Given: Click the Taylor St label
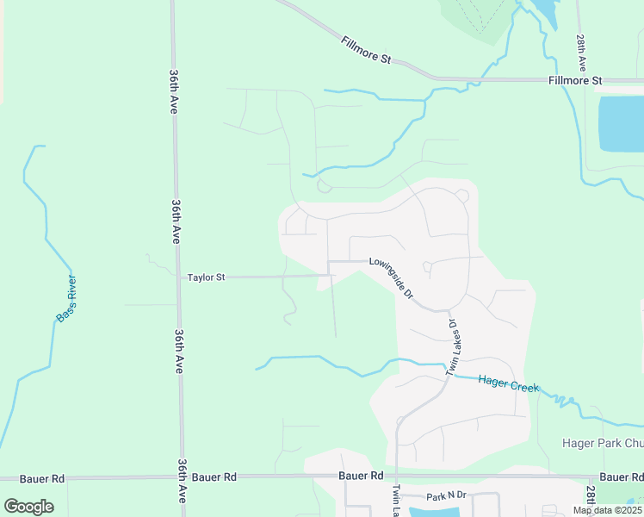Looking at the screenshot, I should click(206, 277).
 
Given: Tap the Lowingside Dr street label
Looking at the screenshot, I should click(392, 277).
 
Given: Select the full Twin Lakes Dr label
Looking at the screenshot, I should click(450, 347).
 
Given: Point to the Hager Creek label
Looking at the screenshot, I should click(509, 383).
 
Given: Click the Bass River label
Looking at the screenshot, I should click(66, 299).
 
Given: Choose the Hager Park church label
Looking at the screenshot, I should click(603, 443).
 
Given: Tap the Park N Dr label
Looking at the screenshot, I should click(446, 496).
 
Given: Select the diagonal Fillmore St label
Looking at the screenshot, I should click(366, 50).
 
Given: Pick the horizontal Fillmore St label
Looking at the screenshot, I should click(574, 80).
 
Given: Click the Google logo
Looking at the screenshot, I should click(28, 507).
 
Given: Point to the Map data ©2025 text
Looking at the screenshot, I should click(606, 510).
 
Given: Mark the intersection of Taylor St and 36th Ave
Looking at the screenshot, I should click(176, 277).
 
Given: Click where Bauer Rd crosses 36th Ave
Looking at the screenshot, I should click(182, 477).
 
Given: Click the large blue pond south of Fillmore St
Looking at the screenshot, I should click(621, 123).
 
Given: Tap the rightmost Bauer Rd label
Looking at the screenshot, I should click(621, 477).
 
